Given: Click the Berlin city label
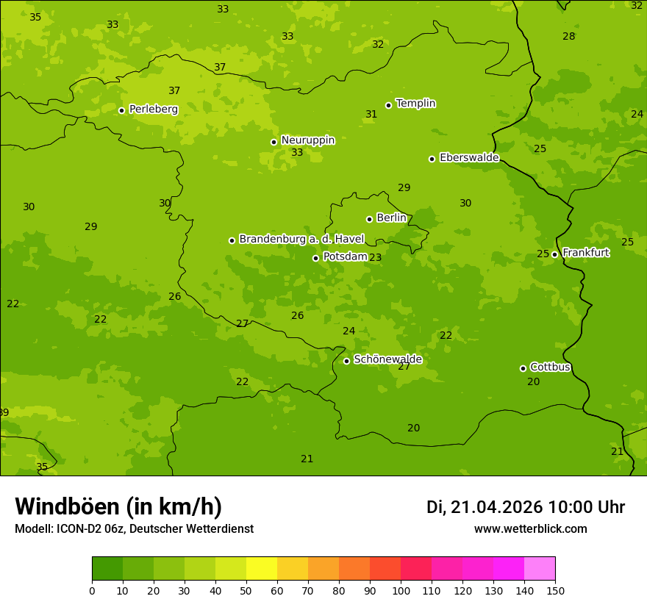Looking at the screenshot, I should pos(391,218).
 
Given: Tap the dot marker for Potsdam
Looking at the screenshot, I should pos(315,258).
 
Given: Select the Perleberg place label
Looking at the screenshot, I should pos(153,109).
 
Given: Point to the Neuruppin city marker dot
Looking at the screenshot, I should pos(274,142).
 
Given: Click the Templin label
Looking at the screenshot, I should pos(415,104).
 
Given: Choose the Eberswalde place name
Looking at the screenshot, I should pos(469,157).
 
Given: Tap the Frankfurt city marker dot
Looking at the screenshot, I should pos(554,254).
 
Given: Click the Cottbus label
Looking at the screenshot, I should pos(550,367).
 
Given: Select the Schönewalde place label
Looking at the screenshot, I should pos(387,359).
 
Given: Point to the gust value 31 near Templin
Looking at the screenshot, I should pos(371,114).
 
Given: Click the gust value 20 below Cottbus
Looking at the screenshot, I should pos(533,381).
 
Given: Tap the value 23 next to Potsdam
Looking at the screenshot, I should pos(375,257).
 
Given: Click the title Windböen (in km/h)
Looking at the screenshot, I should pos(118,506).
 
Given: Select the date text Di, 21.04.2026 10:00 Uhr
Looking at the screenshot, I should pos(526,507).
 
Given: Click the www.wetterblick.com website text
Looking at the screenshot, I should pos(530,528).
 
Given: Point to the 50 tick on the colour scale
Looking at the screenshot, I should pos(246,590).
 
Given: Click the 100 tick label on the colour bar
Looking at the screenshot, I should pos(401,590).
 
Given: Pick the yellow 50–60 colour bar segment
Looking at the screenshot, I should pos(262,568).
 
